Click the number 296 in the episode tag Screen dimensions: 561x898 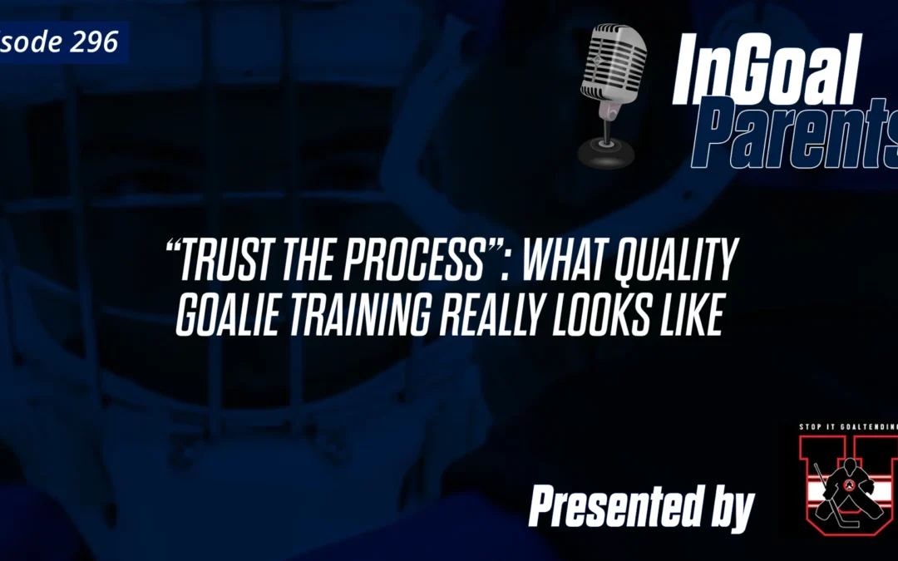click(94, 41)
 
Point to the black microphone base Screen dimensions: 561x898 click(606, 151)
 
